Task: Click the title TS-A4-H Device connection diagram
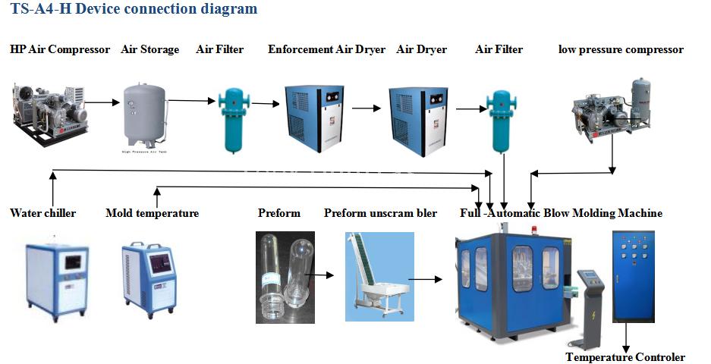point(134,10)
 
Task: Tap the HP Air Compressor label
point(60,49)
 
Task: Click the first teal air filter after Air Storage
point(229,120)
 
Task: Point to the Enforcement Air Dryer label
point(326,49)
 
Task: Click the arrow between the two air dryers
point(366,108)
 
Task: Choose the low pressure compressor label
point(621,49)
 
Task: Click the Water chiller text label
point(43,213)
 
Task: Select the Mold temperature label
point(152,213)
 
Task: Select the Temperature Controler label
point(624,357)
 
